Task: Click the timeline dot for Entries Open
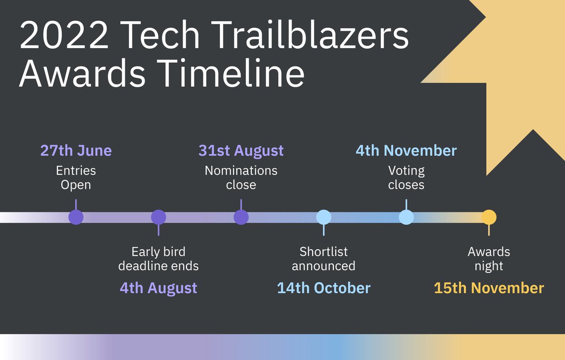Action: pyautogui.click(x=76, y=217)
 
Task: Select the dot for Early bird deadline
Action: pyautogui.click(x=159, y=217)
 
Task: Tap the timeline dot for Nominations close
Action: pyautogui.click(x=241, y=217)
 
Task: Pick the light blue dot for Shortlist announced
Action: pyautogui.click(x=323, y=217)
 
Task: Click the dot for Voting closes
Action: pyautogui.click(x=406, y=217)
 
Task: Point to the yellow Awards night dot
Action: pyautogui.click(x=489, y=217)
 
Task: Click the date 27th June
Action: pyautogui.click(x=76, y=151)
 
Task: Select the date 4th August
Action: pyautogui.click(x=159, y=288)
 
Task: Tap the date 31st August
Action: pyautogui.click(x=241, y=151)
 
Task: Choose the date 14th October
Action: pyautogui.click(x=323, y=288)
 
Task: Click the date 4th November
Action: pyautogui.click(x=406, y=151)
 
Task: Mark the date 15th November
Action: pyautogui.click(x=489, y=288)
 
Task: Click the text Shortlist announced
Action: pyautogui.click(x=323, y=258)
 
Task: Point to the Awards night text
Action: pyautogui.click(x=489, y=258)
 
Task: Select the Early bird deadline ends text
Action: pyautogui.click(x=159, y=258)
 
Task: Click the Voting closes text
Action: pyautogui.click(x=406, y=177)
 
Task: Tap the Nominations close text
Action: pyautogui.click(x=241, y=177)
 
